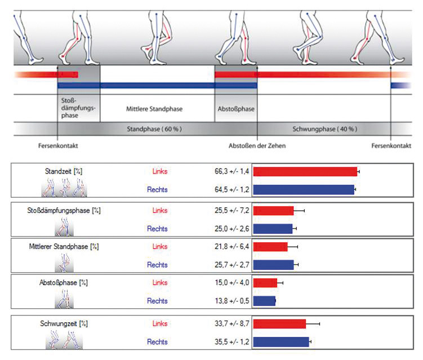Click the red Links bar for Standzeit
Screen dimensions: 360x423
(305, 171)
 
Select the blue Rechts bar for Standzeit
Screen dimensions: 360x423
(304, 189)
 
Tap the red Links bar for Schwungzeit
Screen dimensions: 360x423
(279, 324)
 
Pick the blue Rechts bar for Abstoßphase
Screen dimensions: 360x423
(264, 301)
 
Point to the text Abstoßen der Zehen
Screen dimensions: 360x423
(257, 145)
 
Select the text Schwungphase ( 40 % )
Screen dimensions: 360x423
(324, 129)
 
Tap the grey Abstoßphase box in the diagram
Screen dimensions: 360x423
(235, 108)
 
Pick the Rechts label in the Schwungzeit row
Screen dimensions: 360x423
(157, 341)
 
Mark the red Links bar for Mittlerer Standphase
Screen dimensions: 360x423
(270, 247)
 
